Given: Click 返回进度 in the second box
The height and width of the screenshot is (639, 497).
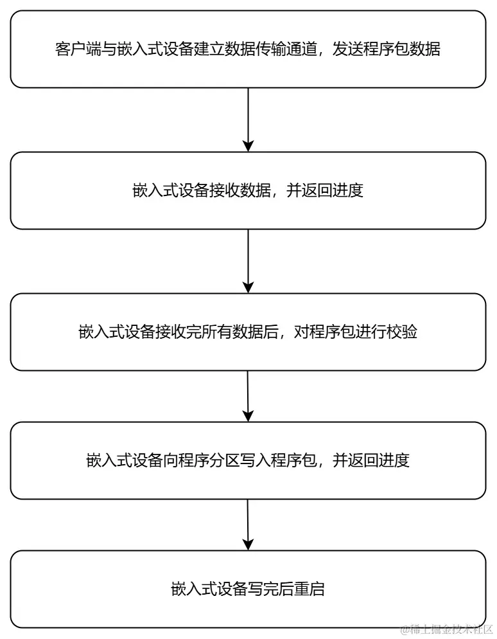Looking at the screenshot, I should pos(333,191).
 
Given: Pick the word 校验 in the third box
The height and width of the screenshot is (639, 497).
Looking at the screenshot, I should pos(403,332).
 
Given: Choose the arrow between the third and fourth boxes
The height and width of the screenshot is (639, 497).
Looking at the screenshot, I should pos(248,396).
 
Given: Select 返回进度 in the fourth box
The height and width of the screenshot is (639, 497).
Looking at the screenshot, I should pos(379,461).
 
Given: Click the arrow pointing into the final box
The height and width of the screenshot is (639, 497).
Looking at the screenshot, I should pos(248,525).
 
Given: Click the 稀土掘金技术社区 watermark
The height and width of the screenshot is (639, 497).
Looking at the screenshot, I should pos(447,629).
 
